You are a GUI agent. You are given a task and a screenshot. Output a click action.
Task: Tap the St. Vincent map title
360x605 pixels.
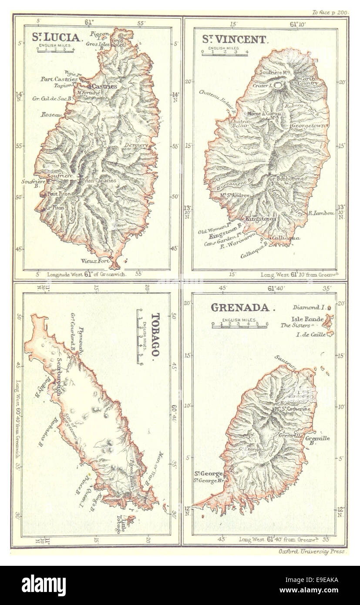pos(233,40)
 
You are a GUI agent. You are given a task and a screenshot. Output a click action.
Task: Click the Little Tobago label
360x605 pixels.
pos(121,525)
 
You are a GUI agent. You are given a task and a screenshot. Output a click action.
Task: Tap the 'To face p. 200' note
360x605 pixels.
pos(330,13)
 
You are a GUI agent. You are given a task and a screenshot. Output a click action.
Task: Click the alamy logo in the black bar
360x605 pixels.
pos(44,585)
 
